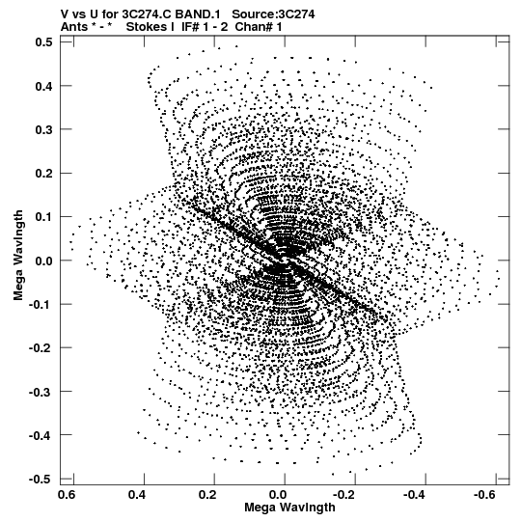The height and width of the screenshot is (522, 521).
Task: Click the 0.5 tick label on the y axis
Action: click(x=43, y=42)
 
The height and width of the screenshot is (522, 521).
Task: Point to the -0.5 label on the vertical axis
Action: click(x=41, y=479)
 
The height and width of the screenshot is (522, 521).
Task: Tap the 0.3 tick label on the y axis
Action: click(x=43, y=129)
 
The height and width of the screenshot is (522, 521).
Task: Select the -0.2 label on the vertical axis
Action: click(x=41, y=348)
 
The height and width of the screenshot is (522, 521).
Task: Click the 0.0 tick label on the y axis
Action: click(x=43, y=261)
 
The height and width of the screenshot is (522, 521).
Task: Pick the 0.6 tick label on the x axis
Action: click(x=67, y=495)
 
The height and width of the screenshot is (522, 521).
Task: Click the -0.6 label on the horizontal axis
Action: click(x=486, y=495)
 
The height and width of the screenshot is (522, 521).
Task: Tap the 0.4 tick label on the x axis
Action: click(x=137, y=495)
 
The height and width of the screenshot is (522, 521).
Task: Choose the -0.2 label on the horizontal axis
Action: click(x=345, y=495)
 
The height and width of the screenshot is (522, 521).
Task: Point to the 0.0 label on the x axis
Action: click(x=278, y=495)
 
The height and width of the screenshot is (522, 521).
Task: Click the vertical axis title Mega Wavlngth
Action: click(x=18, y=256)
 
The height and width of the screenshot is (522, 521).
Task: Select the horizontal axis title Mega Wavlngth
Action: click(x=289, y=508)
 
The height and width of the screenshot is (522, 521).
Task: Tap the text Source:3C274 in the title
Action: click(x=273, y=14)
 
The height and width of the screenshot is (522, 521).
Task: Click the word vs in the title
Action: click(x=77, y=14)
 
